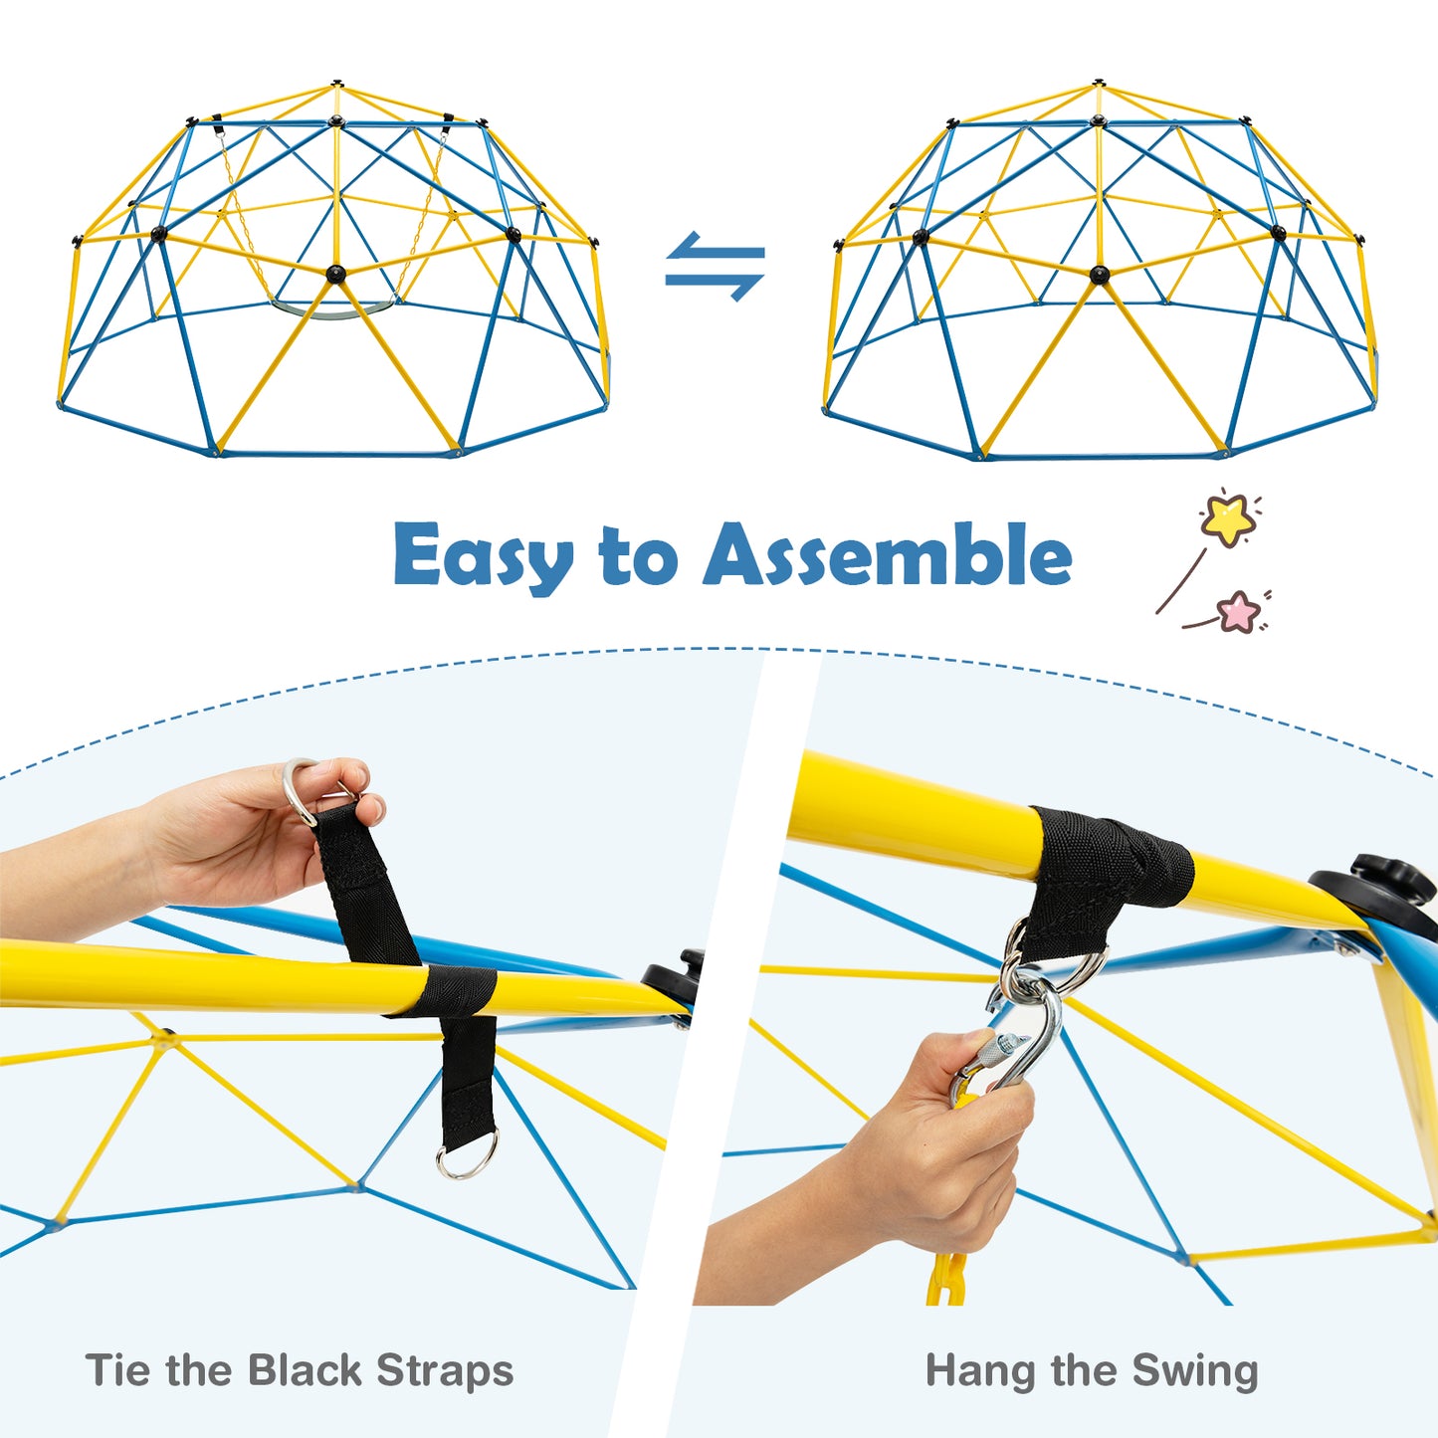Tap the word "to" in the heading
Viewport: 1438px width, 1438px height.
(638, 555)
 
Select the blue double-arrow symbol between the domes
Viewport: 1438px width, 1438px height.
(716, 266)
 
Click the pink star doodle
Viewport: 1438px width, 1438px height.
(1239, 611)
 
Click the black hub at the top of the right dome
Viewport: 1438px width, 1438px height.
(1098, 84)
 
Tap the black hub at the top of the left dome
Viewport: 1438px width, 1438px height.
(337, 84)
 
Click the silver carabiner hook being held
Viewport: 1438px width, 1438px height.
(1025, 1035)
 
